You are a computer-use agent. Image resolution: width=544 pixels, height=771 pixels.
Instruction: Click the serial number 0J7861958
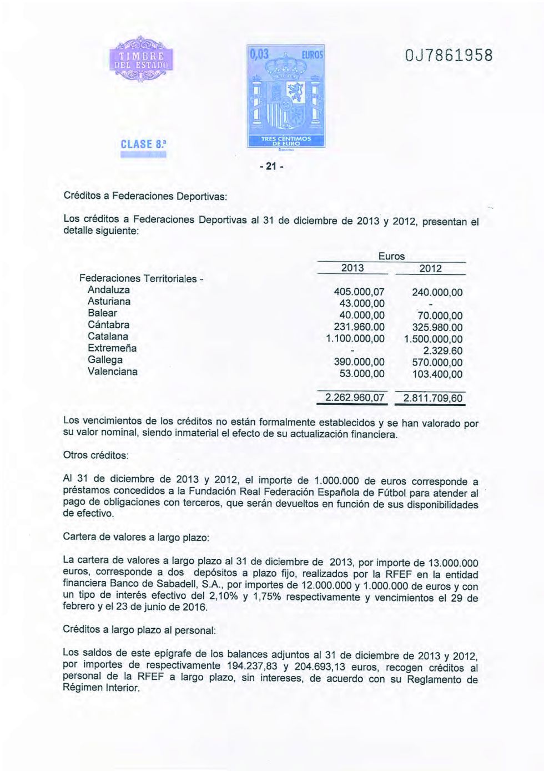click(449, 56)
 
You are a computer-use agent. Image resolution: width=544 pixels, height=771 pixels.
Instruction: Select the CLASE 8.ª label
click(143, 144)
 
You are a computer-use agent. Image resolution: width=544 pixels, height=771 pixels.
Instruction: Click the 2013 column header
click(352, 268)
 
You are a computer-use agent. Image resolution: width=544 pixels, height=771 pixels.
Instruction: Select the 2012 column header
click(430, 269)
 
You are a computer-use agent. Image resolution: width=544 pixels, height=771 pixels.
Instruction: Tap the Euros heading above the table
click(391, 256)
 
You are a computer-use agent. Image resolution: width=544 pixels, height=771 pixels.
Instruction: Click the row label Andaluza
click(109, 290)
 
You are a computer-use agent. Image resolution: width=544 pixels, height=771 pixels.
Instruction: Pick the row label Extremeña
click(112, 348)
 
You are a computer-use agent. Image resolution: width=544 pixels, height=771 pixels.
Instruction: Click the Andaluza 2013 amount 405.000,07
click(359, 292)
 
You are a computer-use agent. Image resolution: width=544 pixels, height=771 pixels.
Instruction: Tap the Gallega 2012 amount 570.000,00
click(437, 363)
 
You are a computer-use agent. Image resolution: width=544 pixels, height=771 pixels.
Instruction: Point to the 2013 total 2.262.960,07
click(355, 398)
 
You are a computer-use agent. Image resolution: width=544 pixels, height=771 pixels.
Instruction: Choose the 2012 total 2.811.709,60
click(433, 398)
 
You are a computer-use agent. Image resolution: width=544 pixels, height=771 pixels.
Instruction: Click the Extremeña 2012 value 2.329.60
click(442, 351)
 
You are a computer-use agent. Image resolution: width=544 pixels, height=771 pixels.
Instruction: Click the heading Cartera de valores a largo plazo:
click(136, 537)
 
